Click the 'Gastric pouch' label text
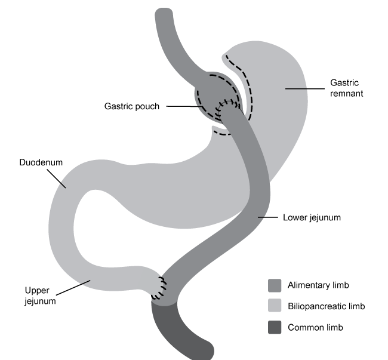click(132, 106)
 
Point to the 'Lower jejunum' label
click(311, 217)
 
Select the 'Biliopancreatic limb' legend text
click(326, 306)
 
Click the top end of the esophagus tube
click(164, 13)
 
